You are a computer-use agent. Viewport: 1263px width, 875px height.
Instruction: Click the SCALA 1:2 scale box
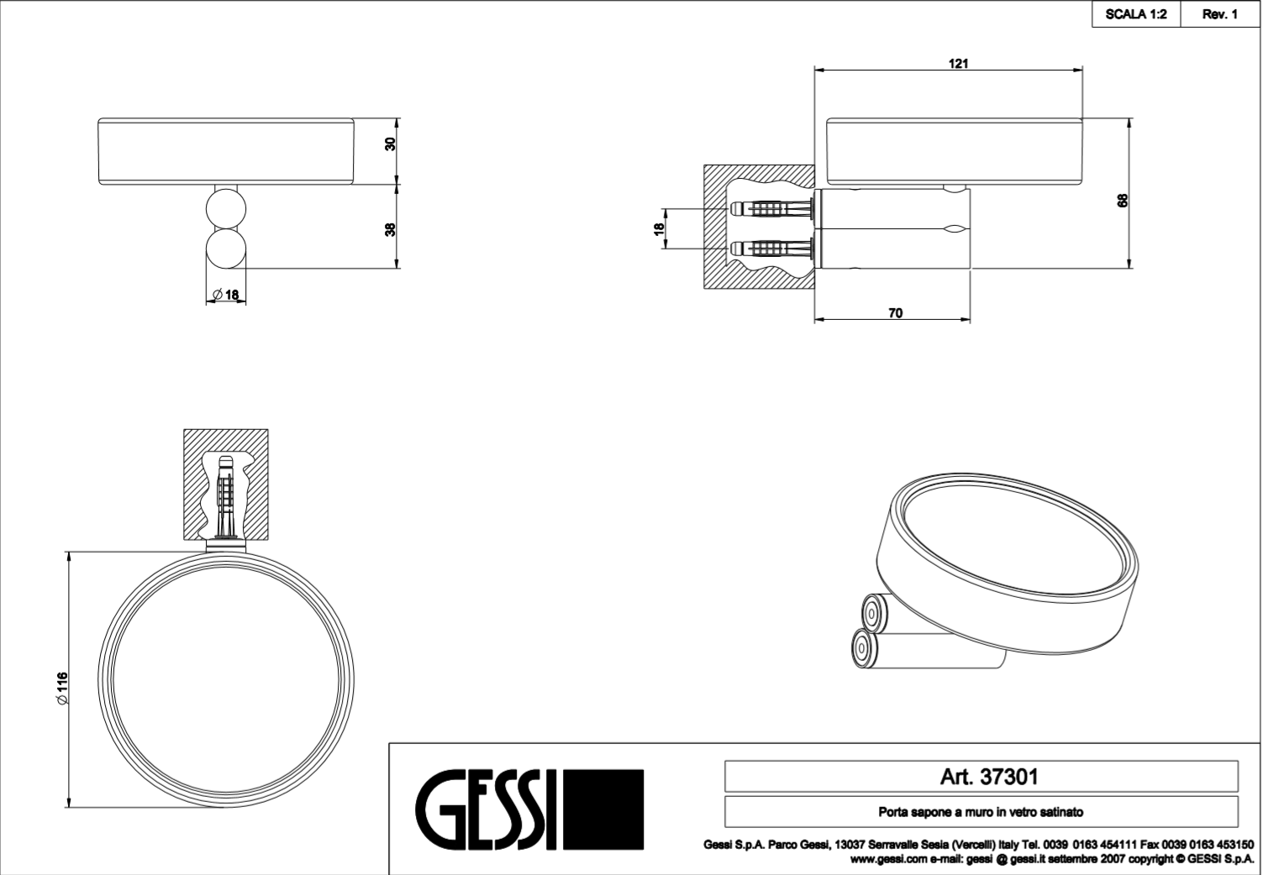(1136, 14)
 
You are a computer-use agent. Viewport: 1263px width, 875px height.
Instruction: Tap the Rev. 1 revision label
(1219, 14)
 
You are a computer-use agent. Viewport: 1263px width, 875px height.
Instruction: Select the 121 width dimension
(959, 64)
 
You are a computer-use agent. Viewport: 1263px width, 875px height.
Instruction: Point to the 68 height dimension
(1123, 201)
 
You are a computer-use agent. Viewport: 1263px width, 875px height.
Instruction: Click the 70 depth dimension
(896, 312)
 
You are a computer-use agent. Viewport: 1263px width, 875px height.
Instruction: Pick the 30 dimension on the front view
(390, 144)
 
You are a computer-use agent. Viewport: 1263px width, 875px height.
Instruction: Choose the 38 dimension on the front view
(390, 230)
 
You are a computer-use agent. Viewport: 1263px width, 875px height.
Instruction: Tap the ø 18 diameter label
(225, 294)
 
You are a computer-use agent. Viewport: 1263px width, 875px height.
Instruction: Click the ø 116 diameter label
(62, 688)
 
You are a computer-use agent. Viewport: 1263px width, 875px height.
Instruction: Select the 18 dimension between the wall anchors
(659, 229)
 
